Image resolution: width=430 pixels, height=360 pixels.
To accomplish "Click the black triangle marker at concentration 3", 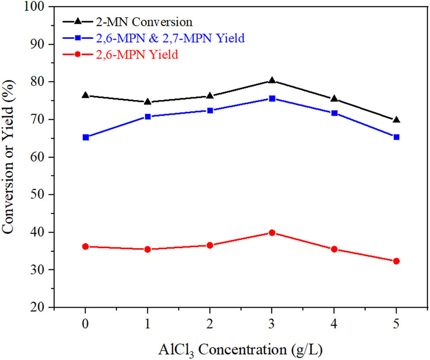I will tap(272, 80).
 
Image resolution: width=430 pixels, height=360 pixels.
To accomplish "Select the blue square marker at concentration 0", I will tap(86, 137).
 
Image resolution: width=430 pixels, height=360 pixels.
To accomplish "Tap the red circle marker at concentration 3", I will tap(272, 232).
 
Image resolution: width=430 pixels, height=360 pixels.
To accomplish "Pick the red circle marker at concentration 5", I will tap(396, 261).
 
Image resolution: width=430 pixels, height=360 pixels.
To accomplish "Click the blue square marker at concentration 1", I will tap(148, 116).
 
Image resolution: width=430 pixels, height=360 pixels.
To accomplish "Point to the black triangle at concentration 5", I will tap(396, 119).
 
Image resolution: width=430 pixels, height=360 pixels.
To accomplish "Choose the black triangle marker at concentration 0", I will tap(86, 95).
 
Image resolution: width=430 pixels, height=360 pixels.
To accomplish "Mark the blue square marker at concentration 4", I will tap(334, 113).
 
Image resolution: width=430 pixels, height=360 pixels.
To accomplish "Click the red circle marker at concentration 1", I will tap(148, 249).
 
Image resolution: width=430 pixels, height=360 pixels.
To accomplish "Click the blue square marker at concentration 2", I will tap(210, 110).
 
